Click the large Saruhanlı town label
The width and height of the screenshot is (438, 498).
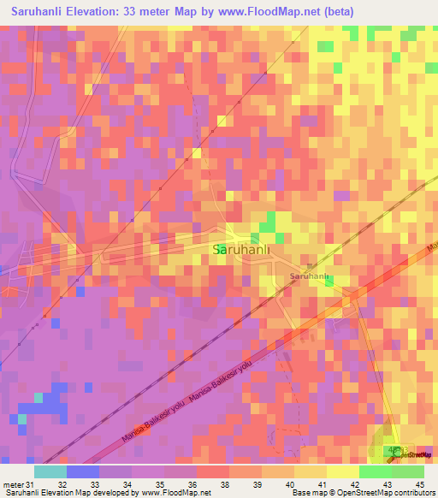[240, 249]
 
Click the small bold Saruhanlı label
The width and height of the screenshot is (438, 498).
[310, 277]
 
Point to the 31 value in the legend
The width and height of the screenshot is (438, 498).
[30, 484]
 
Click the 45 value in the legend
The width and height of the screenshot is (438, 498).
[420, 484]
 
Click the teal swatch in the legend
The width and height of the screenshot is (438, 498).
[50, 471]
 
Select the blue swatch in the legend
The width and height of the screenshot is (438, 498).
[82, 471]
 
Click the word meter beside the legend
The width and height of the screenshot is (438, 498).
[12, 484]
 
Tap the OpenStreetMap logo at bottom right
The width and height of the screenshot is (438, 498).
[411, 454]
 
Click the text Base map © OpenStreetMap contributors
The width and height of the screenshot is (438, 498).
[362, 493]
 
